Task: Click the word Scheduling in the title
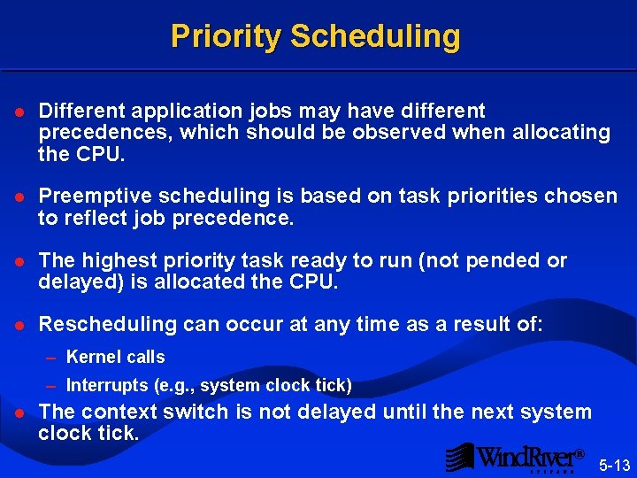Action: (x=375, y=36)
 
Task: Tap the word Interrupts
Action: (x=106, y=386)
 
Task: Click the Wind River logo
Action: (x=516, y=457)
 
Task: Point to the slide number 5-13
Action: (x=614, y=465)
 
